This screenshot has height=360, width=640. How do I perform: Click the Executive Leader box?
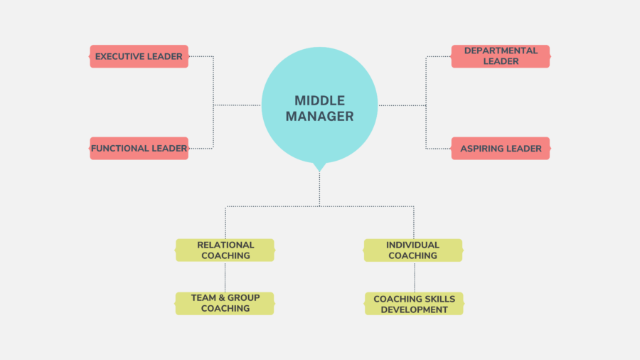[x=139, y=56]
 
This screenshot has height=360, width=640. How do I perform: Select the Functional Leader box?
[x=139, y=148]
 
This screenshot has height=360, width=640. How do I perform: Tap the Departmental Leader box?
[x=501, y=56]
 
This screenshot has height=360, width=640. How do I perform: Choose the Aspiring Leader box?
[x=501, y=148]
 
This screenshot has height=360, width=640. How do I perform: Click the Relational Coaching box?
[x=225, y=250]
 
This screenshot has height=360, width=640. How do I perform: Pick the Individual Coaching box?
[x=413, y=250]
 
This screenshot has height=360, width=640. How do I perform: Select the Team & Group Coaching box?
[x=225, y=303]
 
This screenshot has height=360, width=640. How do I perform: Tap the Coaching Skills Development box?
[x=414, y=303]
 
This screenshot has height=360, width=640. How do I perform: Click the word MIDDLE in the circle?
[x=319, y=100]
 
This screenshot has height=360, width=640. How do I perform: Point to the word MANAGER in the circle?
[x=319, y=117]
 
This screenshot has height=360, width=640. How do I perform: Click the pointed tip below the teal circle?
[x=319, y=171]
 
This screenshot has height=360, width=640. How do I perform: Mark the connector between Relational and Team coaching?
[x=225, y=277]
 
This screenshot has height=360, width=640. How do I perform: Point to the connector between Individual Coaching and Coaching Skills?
[x=415, y=277]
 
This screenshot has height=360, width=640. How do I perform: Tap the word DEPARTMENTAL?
[x=501, y=51]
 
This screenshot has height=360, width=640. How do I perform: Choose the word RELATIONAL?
[x=225, y=245]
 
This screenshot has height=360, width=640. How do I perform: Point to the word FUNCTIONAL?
[x=114, y=148]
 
